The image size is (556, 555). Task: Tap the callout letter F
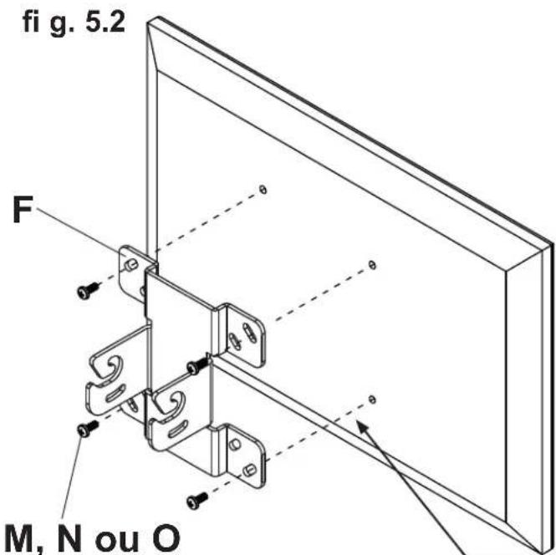[x=28, y=210]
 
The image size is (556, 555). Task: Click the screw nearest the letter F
[x=86, y=291]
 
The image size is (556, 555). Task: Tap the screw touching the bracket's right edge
[x=198, y=365]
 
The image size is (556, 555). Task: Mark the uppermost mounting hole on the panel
[x=263, y=189]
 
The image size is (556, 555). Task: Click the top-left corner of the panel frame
[x=149, y=23]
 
